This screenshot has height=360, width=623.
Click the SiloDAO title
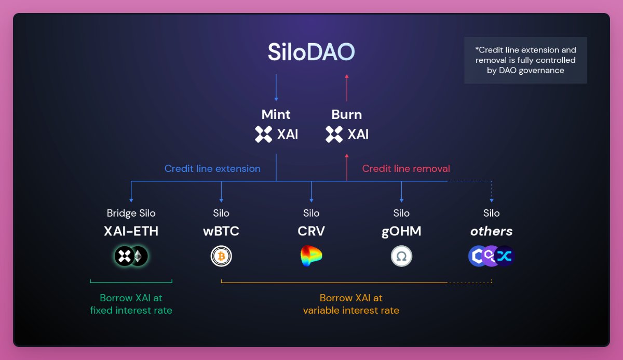pos(311,52)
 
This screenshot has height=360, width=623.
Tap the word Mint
pos(276,114)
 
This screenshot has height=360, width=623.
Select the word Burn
pos(347,114)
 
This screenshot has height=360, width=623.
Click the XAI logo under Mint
pos(264,134)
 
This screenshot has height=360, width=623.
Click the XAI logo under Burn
pos(334,134)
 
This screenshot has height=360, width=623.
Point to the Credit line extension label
pos(212,168)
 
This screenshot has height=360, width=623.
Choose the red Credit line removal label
pos(406,168)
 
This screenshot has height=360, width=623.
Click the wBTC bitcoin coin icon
pos(221,256)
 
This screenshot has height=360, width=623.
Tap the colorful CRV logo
pos(311,256)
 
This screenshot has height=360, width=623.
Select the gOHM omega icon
pos(401,256)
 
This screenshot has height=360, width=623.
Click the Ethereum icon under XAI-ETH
pos(139,256)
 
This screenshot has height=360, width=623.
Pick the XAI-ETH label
pos(131,231)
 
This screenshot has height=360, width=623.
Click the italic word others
pos(491,231)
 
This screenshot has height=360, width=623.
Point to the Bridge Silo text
pos(131,213)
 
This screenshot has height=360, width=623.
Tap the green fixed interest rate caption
pos(131,304)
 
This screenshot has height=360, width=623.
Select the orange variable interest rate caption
pos(351,304)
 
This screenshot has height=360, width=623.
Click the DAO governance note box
pos(525,60)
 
